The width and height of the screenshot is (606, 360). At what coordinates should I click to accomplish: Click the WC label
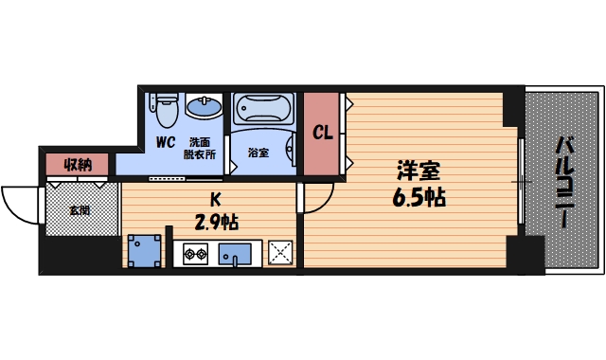[166, 144]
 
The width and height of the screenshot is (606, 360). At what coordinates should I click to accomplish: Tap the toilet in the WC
[167, 109]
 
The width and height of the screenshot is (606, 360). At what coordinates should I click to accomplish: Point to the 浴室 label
[258, 153]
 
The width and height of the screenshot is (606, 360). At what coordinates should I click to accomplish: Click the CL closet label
[322, 134]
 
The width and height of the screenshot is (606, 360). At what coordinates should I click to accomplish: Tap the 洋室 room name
[418, 171]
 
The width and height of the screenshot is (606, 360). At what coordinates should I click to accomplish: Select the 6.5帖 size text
[418, 199]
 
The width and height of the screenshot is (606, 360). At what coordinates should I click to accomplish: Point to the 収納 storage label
[78, 165]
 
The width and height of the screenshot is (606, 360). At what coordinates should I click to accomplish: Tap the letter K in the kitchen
[215, 200]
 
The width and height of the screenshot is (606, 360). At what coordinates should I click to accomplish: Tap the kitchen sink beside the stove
[234, 254]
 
